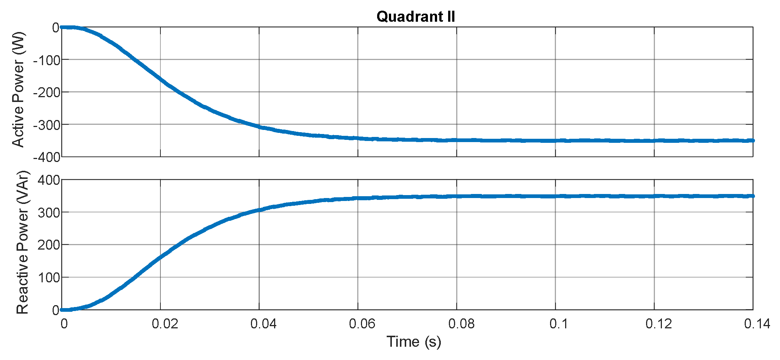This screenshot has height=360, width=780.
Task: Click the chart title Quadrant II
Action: (416, 17)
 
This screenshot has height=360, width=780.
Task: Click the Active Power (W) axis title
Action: (18, 89)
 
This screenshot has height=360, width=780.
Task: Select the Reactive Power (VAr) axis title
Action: (22, 242)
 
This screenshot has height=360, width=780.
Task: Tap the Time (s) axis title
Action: (414, 342)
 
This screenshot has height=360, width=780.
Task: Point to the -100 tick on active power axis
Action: (46, 60)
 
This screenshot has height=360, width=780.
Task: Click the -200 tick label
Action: (46, 92)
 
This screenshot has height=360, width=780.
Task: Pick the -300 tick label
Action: (46, 125)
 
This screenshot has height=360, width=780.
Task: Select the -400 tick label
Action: (46, 157)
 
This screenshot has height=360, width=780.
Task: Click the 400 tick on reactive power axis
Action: (49, 180)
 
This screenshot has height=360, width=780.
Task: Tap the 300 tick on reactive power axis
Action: (49, 212)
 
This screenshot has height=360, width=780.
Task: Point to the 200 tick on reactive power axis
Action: (49, 245)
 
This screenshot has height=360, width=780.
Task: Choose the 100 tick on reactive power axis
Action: (49, 277)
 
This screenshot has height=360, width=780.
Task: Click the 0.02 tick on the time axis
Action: (165, 324)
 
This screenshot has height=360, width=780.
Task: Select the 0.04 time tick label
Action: (263, 324)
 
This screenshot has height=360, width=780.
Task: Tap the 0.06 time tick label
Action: (362, 324)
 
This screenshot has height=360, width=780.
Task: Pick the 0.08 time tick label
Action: (461, 324)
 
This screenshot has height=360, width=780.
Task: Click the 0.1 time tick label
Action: (559, 324)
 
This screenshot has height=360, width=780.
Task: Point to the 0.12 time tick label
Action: (659, 324)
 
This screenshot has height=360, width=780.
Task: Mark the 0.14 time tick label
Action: (757, 324)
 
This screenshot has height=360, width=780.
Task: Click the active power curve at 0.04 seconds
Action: (259, 127)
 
